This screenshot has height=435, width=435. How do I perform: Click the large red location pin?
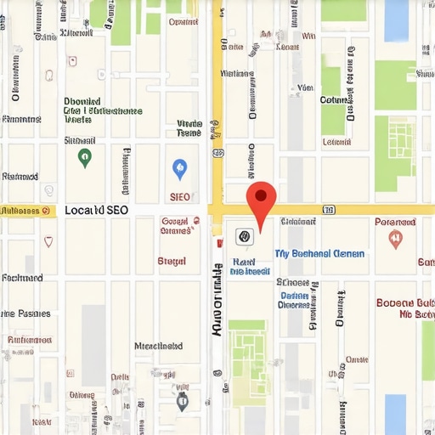click(x=261, y=201)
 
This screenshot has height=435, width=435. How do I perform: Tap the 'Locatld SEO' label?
click(x=96, y=209)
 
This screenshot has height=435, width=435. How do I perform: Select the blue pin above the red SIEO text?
click(x=179, y=169)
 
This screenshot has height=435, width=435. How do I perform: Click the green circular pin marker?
click(x=84, y=156)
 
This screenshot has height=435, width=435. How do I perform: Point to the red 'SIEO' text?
click(x=180, y=196)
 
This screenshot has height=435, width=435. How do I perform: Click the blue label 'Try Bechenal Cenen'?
click(x=319, y=253)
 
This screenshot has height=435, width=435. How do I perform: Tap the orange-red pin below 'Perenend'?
click(x=395, y=240)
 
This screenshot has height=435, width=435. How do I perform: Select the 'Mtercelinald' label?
click(x=158, y=346)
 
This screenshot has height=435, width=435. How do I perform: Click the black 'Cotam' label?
click(x=334, y=100)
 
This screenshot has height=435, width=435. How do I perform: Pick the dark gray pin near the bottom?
click(x=182, y=398)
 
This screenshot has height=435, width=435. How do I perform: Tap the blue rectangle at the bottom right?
click(x=395, y=413)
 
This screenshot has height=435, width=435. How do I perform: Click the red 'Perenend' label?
click(x=395, y=222)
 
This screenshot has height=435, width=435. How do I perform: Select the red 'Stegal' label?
click(x=172, y=261)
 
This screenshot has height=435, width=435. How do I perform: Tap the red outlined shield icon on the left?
click(x=48, y=240)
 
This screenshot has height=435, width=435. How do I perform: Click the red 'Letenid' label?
click(x=29, y=340)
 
